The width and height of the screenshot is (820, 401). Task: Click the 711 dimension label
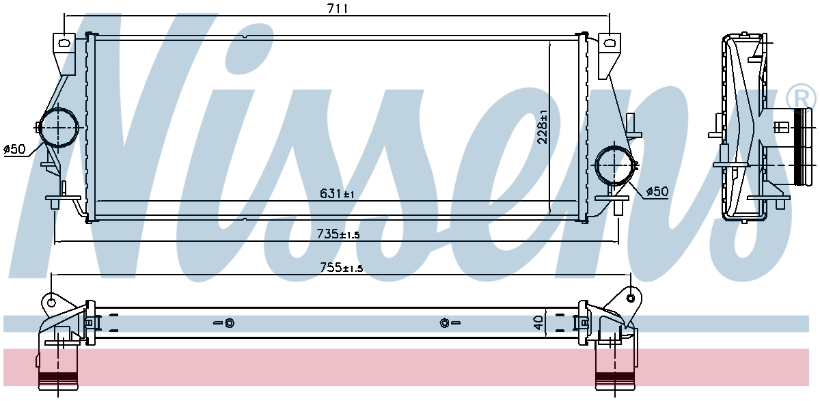(x=337, y=8)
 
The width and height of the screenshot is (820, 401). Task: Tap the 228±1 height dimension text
(x=543, y=126)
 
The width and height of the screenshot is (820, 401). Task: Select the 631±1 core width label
(x=337, y=193)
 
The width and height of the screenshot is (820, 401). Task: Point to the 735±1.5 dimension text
(x=338, y=234)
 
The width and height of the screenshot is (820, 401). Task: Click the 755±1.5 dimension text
(x=341, y=268)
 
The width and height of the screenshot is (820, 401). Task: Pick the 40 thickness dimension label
(x=538, y=322)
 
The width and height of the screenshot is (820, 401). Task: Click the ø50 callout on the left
(x=14, y=150)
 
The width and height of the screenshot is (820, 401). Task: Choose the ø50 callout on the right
(x=657, y=191)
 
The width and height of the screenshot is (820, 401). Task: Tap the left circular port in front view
(x=58, y=128)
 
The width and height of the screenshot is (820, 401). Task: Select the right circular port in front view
(x=614, y=166)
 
